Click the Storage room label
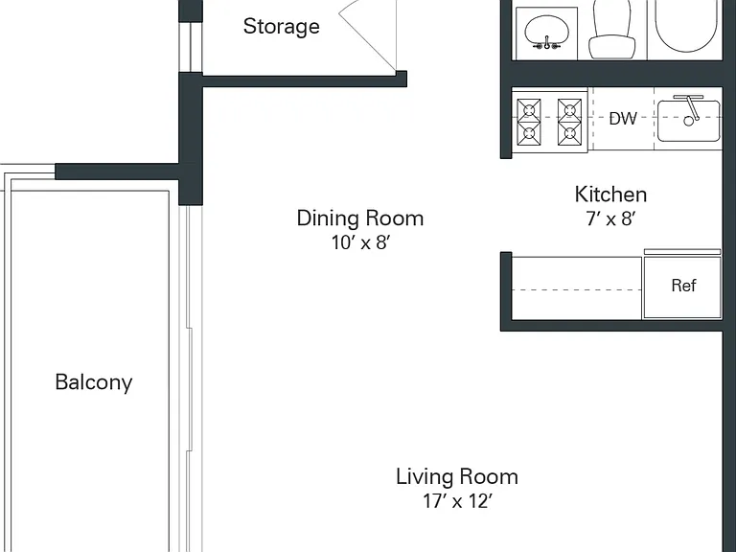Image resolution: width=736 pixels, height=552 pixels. click(x=281, y=27)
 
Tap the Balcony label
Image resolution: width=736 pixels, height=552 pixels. click(x=94, y=382)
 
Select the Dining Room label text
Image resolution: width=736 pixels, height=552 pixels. click(x=360, y=218)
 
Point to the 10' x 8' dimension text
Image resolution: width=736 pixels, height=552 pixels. click(x=361, y=242)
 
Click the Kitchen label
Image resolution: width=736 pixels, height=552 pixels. click(x=610, y=195)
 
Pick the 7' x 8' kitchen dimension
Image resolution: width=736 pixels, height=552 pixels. click(x=610, y=218)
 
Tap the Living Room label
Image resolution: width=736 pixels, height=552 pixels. click(x=457, y=477)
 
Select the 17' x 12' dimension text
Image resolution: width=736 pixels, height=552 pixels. click(x=458, y=501)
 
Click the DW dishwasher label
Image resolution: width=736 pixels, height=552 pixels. click(x=623, y=119)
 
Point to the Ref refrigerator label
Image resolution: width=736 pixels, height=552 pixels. click(x=683, y=286)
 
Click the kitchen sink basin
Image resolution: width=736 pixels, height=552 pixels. click(x=689, y=121)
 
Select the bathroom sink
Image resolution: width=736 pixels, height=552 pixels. click(x=546, y=32)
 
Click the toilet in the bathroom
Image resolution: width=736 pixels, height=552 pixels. click(x=611, y=29)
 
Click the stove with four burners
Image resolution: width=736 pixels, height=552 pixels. click(x=550, y=120)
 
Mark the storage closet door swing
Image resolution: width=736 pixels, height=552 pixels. click(x=368, y=35)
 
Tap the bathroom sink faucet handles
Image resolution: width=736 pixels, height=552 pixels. click(x=547, y=46)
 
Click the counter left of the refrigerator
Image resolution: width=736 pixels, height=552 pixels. click(x=576, y=288)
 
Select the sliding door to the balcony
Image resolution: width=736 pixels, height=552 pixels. click(x=191, y=379)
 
